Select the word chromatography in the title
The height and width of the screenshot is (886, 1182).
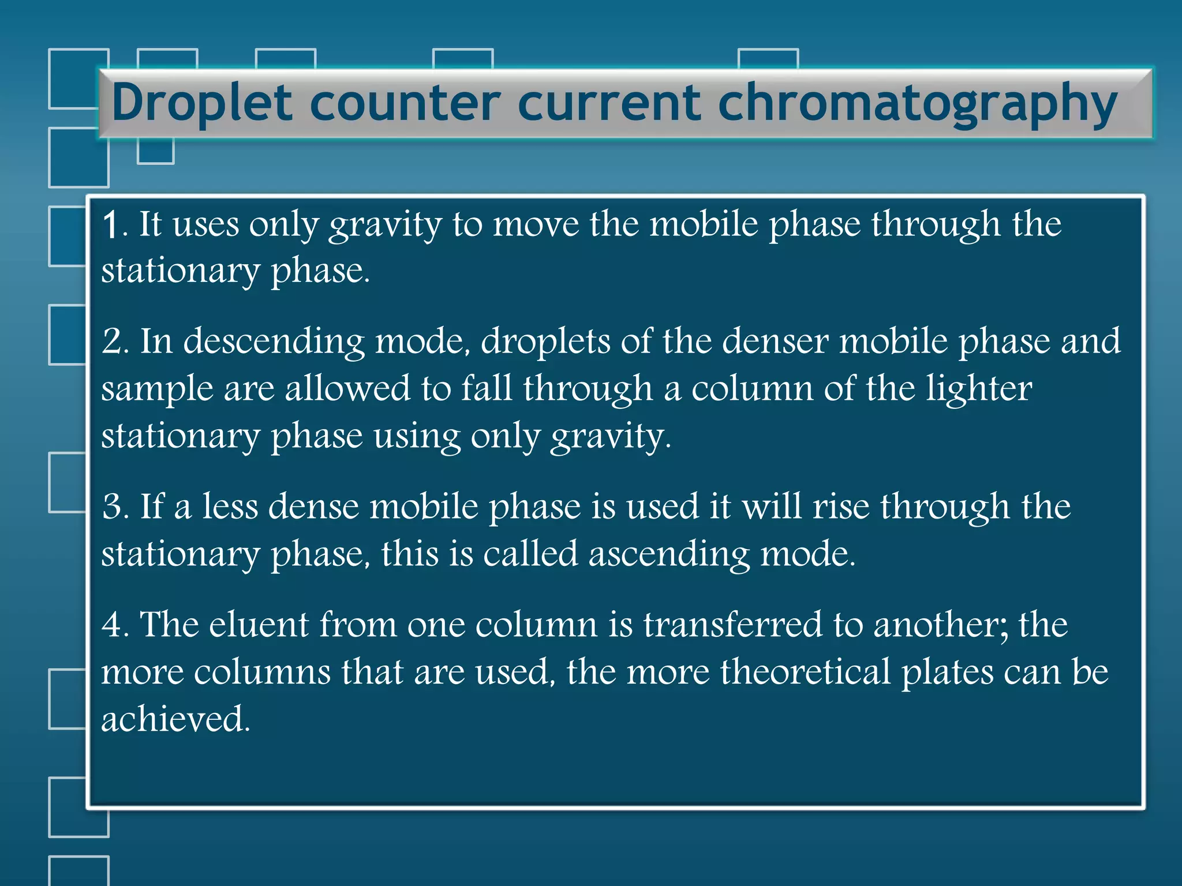pyautogui.click(x=917, y=104)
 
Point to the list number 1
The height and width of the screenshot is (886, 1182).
pyautogui.click(x=111, y=225)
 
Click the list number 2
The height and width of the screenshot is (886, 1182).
pyautogui.click(x=113, y=341)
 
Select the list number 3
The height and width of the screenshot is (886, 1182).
pyautogui.click(x=113, y=507)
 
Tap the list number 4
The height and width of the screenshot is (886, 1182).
pyautogui.click(x=113, y=625)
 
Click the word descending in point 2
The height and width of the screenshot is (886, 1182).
pyautogui.click(x=274, y=341)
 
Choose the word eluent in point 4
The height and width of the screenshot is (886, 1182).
pyautogui.click(x=259, y=625)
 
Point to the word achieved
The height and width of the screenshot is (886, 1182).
pyautogui.click(x=175, y=719)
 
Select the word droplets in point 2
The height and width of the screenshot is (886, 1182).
pyautogui.click(x=545, y=341)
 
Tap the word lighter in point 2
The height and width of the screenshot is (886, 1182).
pyautogui.click(x=979, y=389)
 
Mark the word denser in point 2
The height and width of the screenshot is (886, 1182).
pyautogui.click(x=776, y=341)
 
